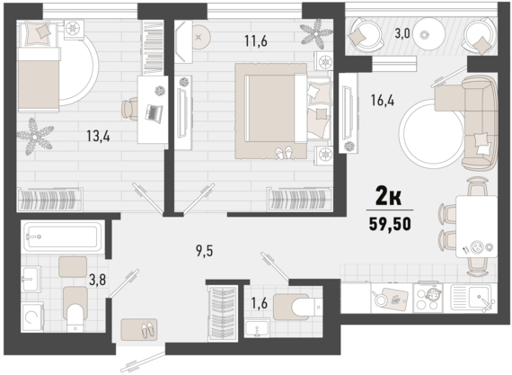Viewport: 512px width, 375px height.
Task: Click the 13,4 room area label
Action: [x=98, y=136]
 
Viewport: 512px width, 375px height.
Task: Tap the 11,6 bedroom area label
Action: [x=256, y=41]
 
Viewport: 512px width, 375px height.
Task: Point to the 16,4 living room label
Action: [x=383, y=100]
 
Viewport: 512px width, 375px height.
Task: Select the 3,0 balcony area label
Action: [x=402, y=33]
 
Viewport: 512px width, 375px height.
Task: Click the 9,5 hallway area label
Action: [x=205, y=251]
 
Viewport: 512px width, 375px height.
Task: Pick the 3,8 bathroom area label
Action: [x=97, y=280]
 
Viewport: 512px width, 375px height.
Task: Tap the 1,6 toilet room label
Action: [x=260, y=303]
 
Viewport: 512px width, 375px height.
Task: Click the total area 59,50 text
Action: [x=390, y=224]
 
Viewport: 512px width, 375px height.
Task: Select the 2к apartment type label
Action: [x=389, y=196]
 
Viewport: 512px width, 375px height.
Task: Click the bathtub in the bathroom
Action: [x=62, y=237]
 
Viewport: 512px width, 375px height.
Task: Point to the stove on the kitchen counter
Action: [x=428, y=298]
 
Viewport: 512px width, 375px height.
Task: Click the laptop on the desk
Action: [x=154, y=113]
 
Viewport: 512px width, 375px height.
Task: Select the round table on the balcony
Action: [x=428, y=33]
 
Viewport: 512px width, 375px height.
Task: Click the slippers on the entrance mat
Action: [x=147, y=330]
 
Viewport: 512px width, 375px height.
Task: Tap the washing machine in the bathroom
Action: [x=32, y=317]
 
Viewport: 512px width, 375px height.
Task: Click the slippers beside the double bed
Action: [x=284, y=153]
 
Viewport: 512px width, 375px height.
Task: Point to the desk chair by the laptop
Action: [x=129, y=108]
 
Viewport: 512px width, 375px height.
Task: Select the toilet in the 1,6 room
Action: [x=298, y=307]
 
